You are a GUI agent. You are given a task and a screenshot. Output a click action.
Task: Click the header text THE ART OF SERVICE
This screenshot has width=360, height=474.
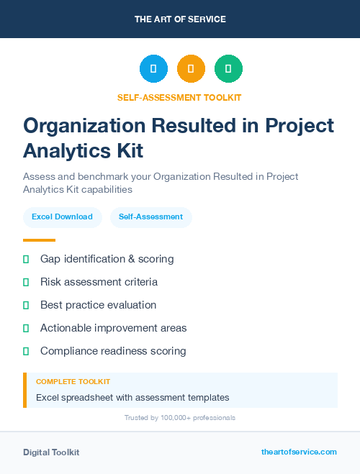click(x=180, y=19)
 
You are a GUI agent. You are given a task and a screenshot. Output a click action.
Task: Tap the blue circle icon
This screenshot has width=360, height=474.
click(x=153, y=69)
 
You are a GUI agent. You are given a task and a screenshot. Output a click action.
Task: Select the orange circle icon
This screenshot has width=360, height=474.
click(x=191, y=69)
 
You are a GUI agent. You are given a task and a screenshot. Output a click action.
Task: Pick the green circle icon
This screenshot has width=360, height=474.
click(x=228, y=69)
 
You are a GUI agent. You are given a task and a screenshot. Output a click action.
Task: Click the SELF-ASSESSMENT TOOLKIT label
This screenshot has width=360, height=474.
click(x=180, y=98)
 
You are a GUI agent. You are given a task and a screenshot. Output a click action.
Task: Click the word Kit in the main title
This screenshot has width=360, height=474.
click(x=130, y=151)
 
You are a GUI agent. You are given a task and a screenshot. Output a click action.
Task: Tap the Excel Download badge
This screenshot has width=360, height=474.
click(x=62, y=217)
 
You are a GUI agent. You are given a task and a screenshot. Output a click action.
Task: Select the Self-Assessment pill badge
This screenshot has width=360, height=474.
click(x=150, y=217)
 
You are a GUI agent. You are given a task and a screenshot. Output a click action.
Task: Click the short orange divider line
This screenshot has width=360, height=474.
click(x=39, y=240)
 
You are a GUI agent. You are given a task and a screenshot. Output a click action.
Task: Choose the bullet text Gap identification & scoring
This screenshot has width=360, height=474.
click(x=107, y=258)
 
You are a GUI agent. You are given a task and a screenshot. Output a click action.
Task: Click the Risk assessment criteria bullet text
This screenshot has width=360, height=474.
click(x=99, y=282)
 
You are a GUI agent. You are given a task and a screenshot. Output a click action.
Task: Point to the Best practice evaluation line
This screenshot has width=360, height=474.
click(x=98, y=305)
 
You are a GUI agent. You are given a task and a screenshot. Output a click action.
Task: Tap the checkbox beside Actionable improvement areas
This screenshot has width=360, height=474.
click(x=26, y=328)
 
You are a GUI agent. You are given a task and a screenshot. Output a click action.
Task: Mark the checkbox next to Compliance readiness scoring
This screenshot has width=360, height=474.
click(x=26, y=351)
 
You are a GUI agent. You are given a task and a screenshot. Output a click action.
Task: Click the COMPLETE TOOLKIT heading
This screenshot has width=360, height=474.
click(x=73, y=382)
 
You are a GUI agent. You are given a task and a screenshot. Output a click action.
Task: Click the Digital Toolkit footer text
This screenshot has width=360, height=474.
click(x=51, y=452)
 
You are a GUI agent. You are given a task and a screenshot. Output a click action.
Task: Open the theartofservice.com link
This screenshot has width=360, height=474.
click(x=299, y=452)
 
